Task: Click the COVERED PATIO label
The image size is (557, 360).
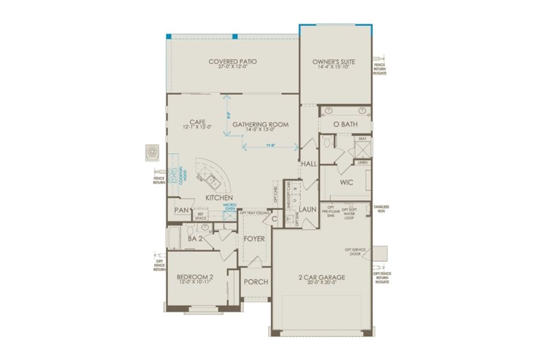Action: [233, 61]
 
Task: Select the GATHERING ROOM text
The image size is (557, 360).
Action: [261, 125]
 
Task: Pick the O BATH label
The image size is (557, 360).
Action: [345, 124]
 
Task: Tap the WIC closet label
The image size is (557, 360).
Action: [346, 182]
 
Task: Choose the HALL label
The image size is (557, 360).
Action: [309, 164]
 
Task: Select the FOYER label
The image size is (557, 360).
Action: [254, 239]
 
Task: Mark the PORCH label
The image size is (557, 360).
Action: [256, 282]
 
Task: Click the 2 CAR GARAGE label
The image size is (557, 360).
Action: [322, 277]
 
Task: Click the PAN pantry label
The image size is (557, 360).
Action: [182, 210]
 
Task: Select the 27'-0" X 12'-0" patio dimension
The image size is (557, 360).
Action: [233, 67]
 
